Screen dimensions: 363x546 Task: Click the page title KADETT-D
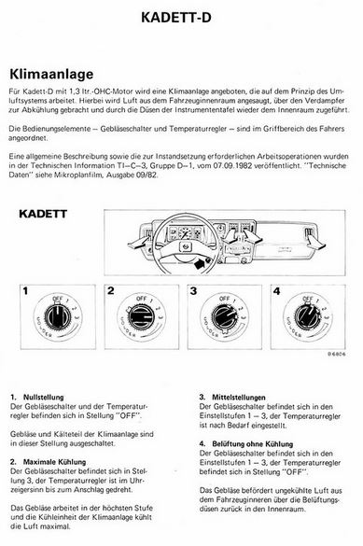tap(176, 18)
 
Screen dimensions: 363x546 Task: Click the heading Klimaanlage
tap(51, 74)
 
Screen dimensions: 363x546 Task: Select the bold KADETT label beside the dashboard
tap(43, 214)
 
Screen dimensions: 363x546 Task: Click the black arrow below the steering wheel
tap(199, 263)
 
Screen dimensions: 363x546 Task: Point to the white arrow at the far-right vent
tap(316, 244)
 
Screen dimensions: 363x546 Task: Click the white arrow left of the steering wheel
tap(139, 242)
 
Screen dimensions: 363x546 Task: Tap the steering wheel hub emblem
tap(184, 247)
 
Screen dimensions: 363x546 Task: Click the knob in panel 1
tap(58, 316)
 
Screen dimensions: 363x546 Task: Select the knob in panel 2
tap(141, 317)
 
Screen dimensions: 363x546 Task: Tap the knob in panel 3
tap(225, 317)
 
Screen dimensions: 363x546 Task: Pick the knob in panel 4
tap(307, 316)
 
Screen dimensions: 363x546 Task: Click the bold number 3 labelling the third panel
tap(193, 291)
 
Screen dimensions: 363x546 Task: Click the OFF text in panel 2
tap(141, 299)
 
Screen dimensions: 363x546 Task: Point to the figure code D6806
tap(336, 354)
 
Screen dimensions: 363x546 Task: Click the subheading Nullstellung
tap(44, 398)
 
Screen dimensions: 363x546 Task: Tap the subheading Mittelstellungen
tap(239, 398)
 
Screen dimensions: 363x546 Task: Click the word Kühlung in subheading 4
tap(279, 444)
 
